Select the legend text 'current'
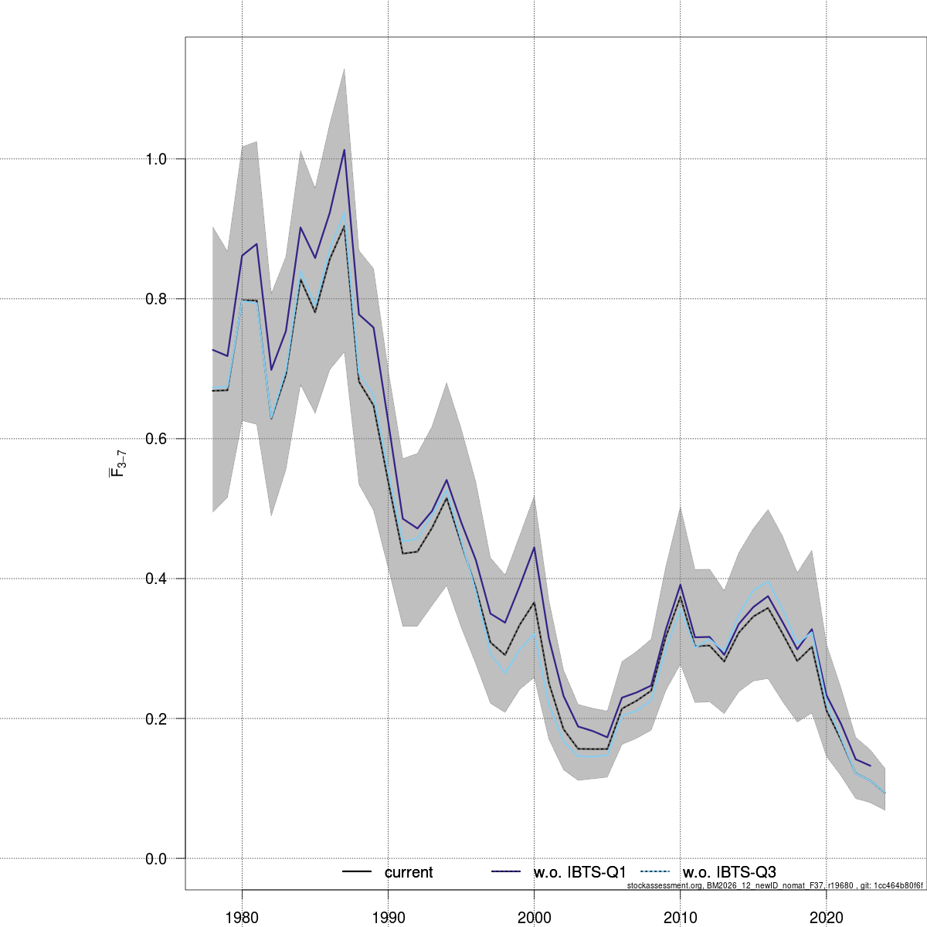(409, 872)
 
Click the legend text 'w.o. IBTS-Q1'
(579, 872)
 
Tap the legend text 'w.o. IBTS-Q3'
(729, 872)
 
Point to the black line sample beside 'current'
(357, 872)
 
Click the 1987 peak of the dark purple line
(344, 150)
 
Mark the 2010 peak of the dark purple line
(680, 584)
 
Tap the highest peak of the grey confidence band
(344, 69)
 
